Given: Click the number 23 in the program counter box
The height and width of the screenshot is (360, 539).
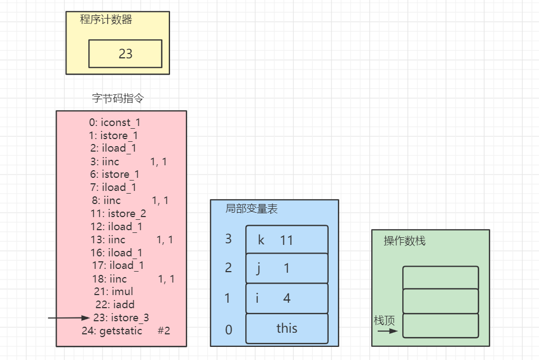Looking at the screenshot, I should [125, 54].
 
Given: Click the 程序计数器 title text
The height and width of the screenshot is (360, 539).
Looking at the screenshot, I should [106, 20].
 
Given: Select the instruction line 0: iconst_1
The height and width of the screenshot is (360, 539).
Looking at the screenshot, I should [115, 123].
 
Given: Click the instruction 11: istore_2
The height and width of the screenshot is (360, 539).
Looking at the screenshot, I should [119, 213].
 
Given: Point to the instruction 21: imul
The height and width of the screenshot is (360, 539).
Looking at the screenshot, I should [113, 292].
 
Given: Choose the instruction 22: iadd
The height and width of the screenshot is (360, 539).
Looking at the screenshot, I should [115, 305].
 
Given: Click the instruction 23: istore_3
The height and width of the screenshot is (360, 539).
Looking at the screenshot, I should [121, 318].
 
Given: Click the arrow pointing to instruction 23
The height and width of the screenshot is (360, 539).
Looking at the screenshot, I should [69, 318].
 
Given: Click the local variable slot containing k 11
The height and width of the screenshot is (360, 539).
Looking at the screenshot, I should [287, 239].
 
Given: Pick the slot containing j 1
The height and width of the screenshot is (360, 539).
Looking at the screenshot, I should [287, 268].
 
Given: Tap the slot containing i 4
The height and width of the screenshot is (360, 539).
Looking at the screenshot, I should [287, 298].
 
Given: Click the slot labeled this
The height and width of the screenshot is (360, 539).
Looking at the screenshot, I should [287, 328].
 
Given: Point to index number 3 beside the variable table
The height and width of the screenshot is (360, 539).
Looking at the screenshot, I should [228, 239].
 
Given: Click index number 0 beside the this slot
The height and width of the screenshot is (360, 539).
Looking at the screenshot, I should [228, 329].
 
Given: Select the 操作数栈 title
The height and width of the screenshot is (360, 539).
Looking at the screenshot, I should [404, 241].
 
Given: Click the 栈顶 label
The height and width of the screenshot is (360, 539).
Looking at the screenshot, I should [384, 320].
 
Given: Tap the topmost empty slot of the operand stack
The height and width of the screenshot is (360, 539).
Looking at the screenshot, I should [440, 278].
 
